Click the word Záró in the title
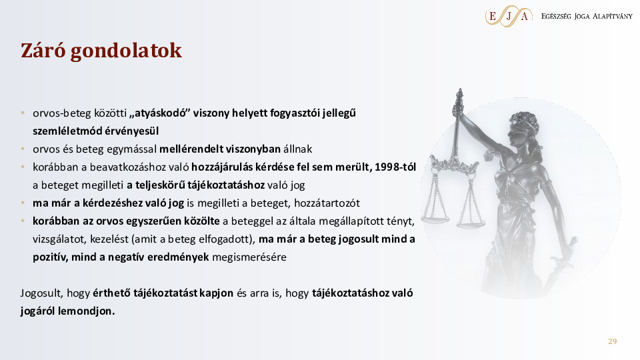tap(43, 50)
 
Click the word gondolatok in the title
tap(126, 51)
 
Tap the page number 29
tap(612, 341)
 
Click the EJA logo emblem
tap(509, 16)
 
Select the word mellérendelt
tap(191, 149)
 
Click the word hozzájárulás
tap(221, 167)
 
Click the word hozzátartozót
tap(327, 203)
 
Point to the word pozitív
tap(51, 257)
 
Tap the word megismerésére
tap(249, 257)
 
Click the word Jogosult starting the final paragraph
tap(41, 293)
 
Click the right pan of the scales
tap(471, 223)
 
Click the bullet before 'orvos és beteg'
tap(23, 149)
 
